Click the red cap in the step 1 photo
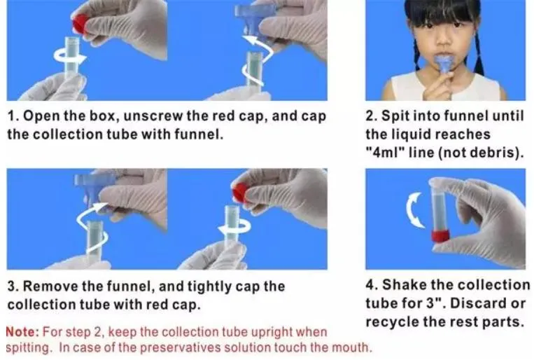click(x=80, y=25)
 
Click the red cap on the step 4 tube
click(x=441, y=235)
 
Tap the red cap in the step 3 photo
click(x=239, y=193)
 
